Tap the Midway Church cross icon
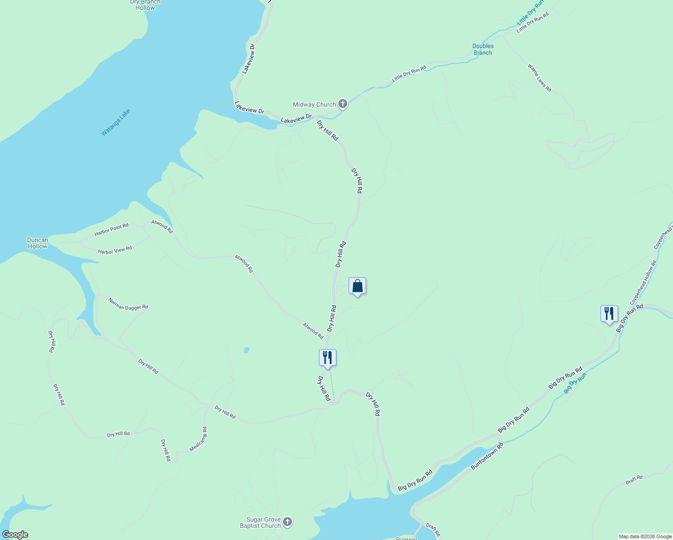(343, 104)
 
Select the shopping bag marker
(357, 286)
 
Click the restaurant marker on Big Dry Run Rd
(609, 313)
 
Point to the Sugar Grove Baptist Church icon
(287, 522)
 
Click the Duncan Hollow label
(38, 243)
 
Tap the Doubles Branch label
(483, 49)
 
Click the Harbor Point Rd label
(112, 229)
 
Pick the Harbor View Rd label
(115, 250)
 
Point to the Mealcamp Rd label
(198, 439)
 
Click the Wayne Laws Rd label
(539, 78)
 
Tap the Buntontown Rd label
(487, 456)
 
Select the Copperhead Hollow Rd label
(643, 282)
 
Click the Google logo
(15, 535)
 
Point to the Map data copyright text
(645, 536)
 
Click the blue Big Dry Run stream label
(575, 383)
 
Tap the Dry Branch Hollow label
(145, 5)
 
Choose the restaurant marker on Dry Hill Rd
(328, 358)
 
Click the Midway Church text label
(314, 104)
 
